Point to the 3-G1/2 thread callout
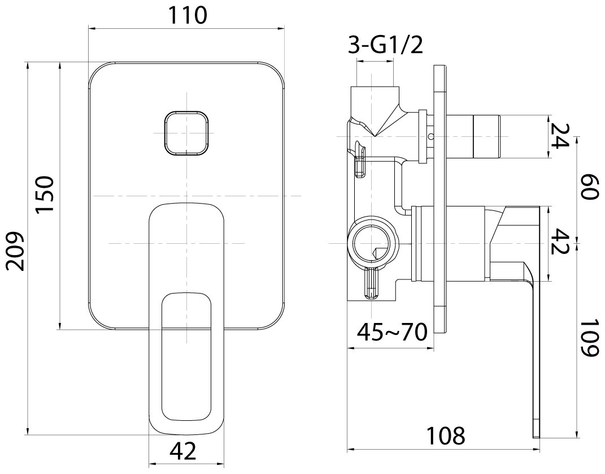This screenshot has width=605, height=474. [x=386, y=45]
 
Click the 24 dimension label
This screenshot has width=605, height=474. [x=559, y=136]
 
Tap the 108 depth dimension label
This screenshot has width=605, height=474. [x=446, y=436]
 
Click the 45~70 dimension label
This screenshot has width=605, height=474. [x=392, y=332]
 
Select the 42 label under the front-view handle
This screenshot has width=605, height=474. [x=183, y=451]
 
